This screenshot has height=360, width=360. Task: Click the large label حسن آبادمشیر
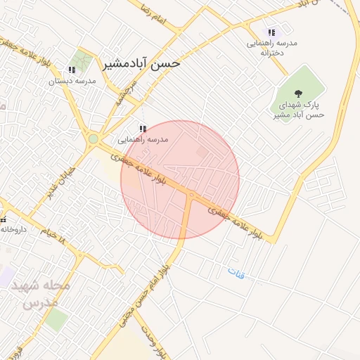tap(142, 63)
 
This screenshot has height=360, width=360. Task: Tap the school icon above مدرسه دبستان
tap(72, 70)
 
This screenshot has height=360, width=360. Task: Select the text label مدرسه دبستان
tap(72, 82)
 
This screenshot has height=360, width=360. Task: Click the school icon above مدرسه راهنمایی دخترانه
tap(271, 32)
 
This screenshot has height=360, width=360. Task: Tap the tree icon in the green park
tap(298, 93)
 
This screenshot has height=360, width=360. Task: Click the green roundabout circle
tap(94, 139)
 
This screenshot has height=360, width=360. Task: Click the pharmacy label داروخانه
tap(13, 229)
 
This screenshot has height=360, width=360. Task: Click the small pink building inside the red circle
tap(202, 152)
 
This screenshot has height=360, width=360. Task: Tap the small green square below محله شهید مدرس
tap(56, 320)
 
